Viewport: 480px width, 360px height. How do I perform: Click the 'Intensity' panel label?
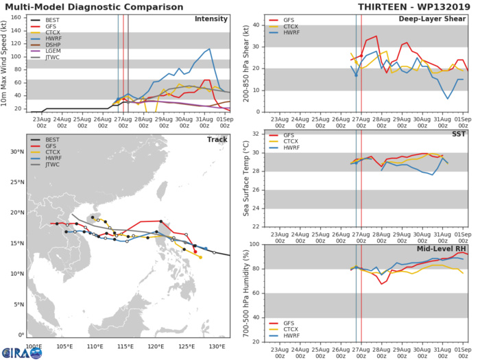[x=211, y=19]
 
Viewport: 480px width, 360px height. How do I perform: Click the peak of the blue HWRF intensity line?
[x=209, y=49]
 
